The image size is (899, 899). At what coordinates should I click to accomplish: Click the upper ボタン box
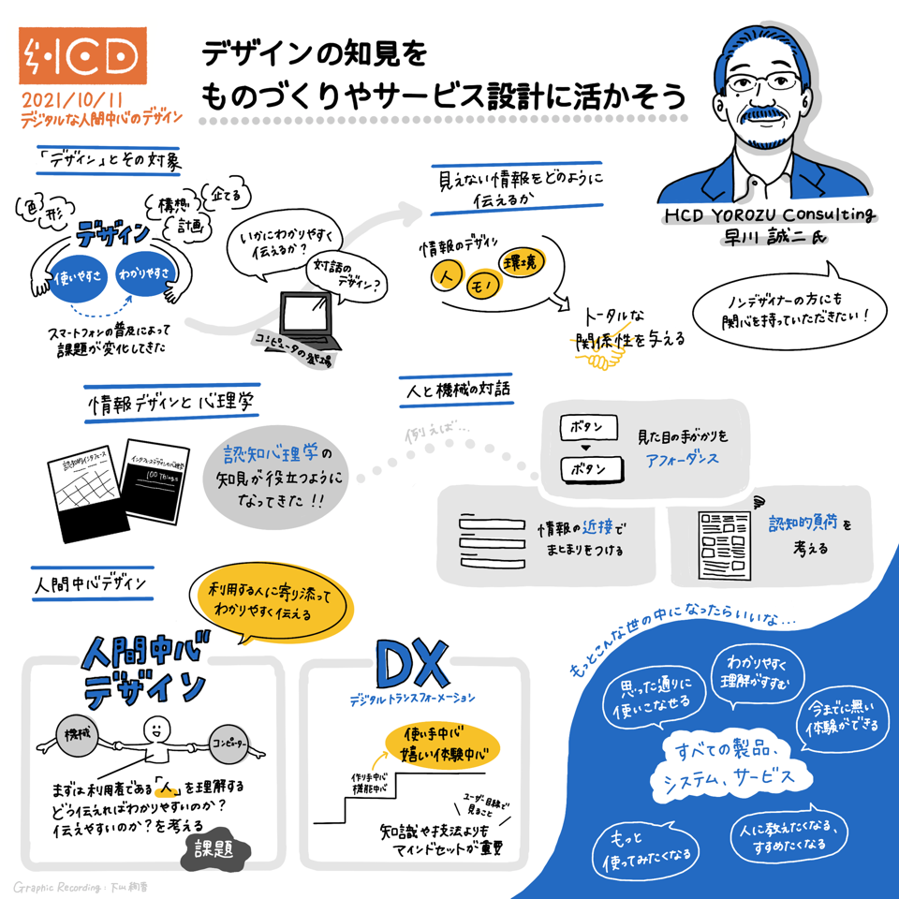pyautogui.click(x=587, y=428)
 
